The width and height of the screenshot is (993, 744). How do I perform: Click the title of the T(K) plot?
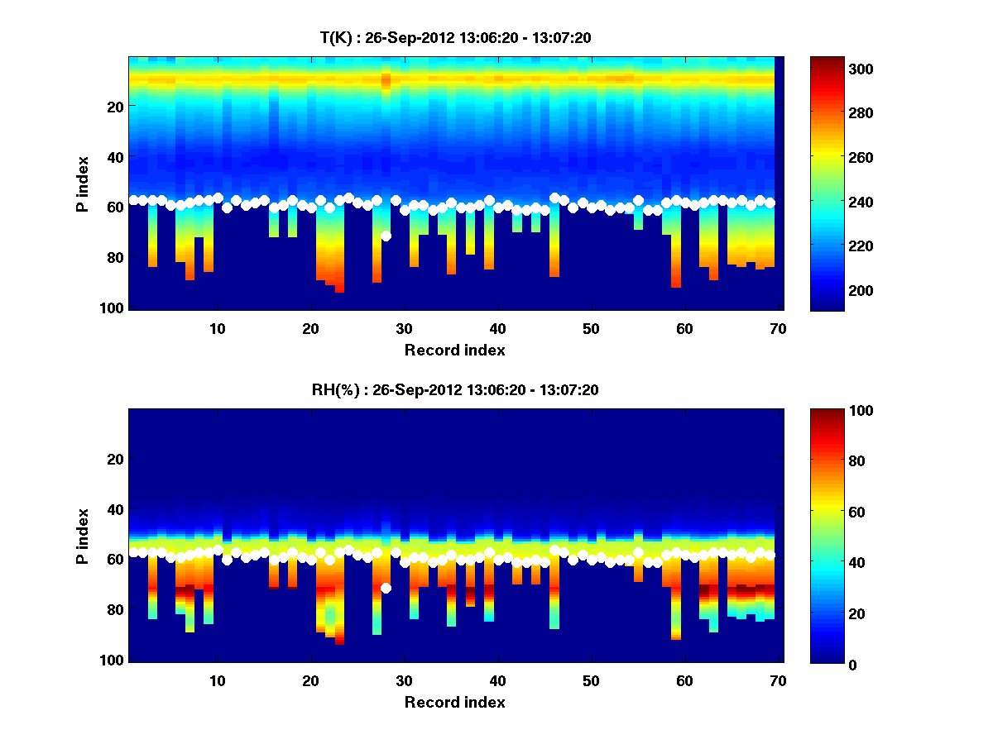click(455, 36)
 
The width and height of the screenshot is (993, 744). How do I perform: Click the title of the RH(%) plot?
click(455, 389)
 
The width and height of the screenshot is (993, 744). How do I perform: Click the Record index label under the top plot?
click(455, 350)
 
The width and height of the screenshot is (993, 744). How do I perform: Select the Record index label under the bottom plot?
click(455, 702)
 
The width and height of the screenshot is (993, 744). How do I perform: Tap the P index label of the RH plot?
click(83, 536)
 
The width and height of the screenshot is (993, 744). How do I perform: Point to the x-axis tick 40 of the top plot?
click(497, 328)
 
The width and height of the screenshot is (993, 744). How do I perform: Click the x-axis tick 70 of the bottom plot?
click(777, 680)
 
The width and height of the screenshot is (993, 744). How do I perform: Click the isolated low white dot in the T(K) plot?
click(386, 236)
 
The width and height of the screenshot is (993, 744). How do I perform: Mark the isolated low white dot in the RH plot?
click(386, 588)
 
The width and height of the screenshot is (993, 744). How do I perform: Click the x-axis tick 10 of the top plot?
click(217, 328)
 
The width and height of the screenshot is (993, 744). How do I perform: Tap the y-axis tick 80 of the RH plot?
click(116, 610)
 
